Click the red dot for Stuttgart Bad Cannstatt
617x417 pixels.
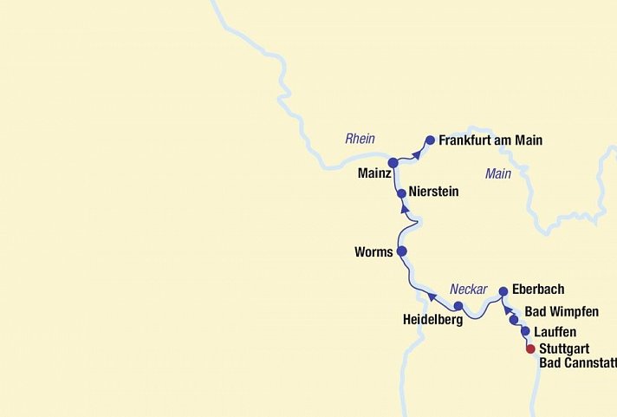[531, 349]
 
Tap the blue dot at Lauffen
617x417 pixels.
[525, 331]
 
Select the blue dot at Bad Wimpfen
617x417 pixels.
[514, 320]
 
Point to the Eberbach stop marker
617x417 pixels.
[503, 291]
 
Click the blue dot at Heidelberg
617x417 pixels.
[458, 305]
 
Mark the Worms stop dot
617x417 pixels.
[401, 251]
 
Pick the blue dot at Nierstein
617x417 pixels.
[401, 193]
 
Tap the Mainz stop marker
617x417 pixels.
[393, 162]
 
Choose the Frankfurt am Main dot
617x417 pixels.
[430, 140]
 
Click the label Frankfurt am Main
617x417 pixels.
[490, 140]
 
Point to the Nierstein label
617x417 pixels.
[433, 192]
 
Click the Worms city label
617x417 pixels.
[373, 253]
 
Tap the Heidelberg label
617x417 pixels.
[432, 319]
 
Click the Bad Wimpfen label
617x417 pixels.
[562, 312]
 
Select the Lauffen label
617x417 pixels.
[555, 332]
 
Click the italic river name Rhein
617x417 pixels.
[360, 139]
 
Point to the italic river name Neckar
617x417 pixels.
[468, 290]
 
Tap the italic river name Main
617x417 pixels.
[498, 174]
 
